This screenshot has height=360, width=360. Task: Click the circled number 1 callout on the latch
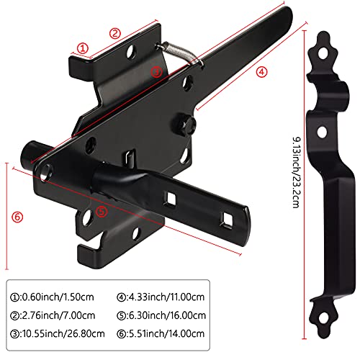[83, 48]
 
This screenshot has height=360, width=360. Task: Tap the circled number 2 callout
[114, 32]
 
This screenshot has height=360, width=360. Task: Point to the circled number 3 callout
[156, 71]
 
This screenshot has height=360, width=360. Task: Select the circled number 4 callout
[261, 71]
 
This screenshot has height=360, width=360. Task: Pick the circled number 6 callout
[18, 215]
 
